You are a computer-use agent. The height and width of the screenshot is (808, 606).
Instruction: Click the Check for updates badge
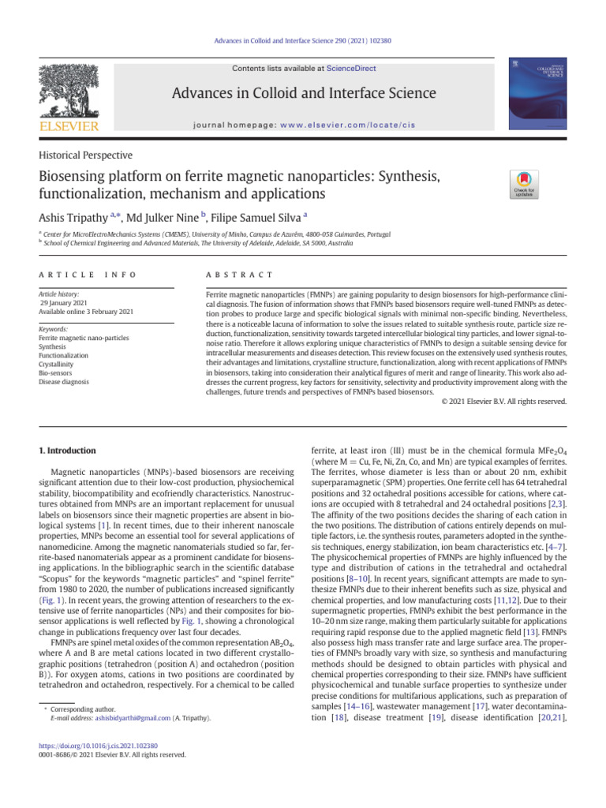pyautogui.click(x=525, y=185)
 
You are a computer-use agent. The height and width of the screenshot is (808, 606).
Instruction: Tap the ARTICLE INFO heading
pyautogui.click(x=88, y=274)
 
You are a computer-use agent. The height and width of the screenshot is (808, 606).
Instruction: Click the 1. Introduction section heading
pyautogui.click(x=68, y=451)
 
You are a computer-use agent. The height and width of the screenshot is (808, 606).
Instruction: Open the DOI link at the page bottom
pyautogui.click(x=98, y=745)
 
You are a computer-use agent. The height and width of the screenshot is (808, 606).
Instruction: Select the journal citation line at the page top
pyautogui.click(x=302, y=41)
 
